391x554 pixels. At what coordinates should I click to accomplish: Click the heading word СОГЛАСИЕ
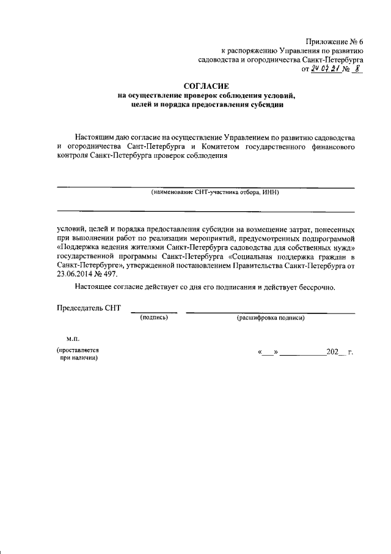206,87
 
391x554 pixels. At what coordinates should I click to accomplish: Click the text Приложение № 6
335,40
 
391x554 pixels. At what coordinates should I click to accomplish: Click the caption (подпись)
154,318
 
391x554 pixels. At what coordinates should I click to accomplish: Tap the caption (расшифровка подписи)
270,318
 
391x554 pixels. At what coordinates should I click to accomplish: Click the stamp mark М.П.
65,339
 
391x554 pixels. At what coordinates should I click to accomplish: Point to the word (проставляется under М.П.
78,350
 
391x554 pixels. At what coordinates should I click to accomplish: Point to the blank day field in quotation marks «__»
269,353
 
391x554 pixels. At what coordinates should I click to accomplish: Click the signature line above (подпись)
154,312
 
